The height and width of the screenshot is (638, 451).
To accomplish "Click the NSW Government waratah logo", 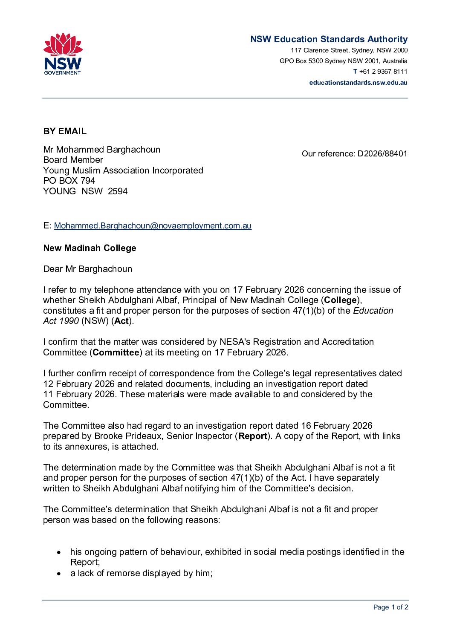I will pyautogui.click(x=63, y=54).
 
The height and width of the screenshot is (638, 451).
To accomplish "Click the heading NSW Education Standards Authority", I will pyautogui.click(x=329, y=39).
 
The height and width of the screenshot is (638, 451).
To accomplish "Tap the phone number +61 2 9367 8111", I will pyautogui.click(x=383, y=72).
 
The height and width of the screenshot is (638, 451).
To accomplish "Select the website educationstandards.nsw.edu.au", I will pyautogui.click(x=358, y=83).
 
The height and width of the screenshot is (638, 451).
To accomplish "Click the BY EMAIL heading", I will pyautogui.click(x=65, y=131).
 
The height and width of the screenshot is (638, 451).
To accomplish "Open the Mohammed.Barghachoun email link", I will pyautogui.click(x=153, y=226).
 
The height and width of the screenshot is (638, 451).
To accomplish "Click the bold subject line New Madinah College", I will pyautogui.click(x=90, y=248).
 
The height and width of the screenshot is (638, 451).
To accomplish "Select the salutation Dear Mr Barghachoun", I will pyautogui.click(x=87, y=269).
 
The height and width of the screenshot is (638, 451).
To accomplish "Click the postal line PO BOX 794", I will pyautogui.click(x=69, y=181).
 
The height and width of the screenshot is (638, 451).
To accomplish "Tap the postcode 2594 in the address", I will pyautogui.click(x=118, y=191).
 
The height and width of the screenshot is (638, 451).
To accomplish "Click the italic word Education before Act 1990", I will pyautogui.click(x=373, y=311).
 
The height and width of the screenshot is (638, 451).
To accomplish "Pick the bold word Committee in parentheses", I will pyautogui.click(x=116, y=352).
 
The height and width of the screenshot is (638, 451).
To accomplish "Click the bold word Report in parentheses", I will pyautogui.click(x=253, y=436).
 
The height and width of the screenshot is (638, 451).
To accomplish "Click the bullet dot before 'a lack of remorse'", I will pyautogui.click(x=59, y=574).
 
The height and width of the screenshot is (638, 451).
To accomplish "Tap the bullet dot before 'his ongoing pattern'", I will pyautogui.click(x=59, y=552).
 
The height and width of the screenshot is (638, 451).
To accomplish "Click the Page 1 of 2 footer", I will pyautogui.click(x=390, y=607).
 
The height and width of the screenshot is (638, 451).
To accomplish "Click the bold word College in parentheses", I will pyautogui.click(x=340, y=300).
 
